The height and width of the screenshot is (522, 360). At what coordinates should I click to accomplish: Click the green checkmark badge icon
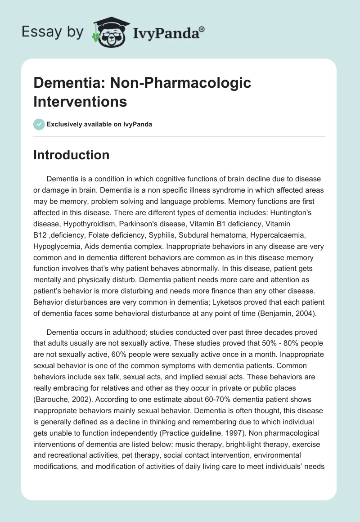[39, 124]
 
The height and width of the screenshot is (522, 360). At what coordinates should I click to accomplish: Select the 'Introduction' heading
[71, 155]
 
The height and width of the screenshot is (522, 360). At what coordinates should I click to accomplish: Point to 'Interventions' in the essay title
[80, 101]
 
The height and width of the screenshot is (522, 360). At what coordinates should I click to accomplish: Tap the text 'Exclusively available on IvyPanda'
[99, 124]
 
